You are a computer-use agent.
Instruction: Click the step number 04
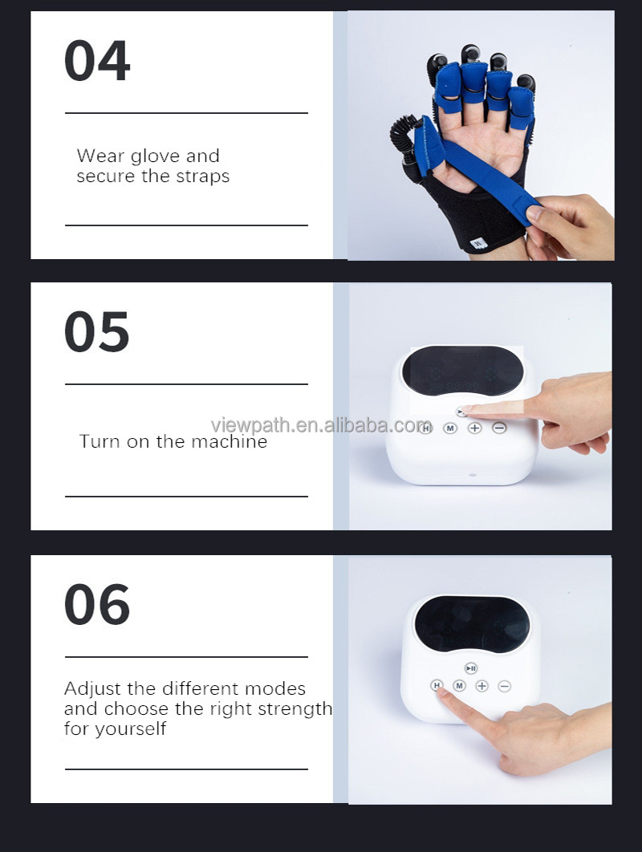point(96,62)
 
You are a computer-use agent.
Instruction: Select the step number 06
point(96,605)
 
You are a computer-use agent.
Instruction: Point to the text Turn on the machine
point(173,441)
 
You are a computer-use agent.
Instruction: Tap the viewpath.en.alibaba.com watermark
point(321,424)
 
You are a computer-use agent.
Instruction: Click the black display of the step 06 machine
point(472,623)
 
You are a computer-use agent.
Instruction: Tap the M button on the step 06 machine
point(459,686)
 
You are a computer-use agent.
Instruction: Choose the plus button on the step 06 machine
point(481,686)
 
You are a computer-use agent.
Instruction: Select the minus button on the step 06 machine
point(504,686)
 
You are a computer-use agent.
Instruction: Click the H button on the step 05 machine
point(426,428)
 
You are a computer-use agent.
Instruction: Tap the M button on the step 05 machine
point(450,428)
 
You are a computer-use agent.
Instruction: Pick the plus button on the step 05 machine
point(474,428)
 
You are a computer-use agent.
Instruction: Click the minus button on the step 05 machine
point(499,428)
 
